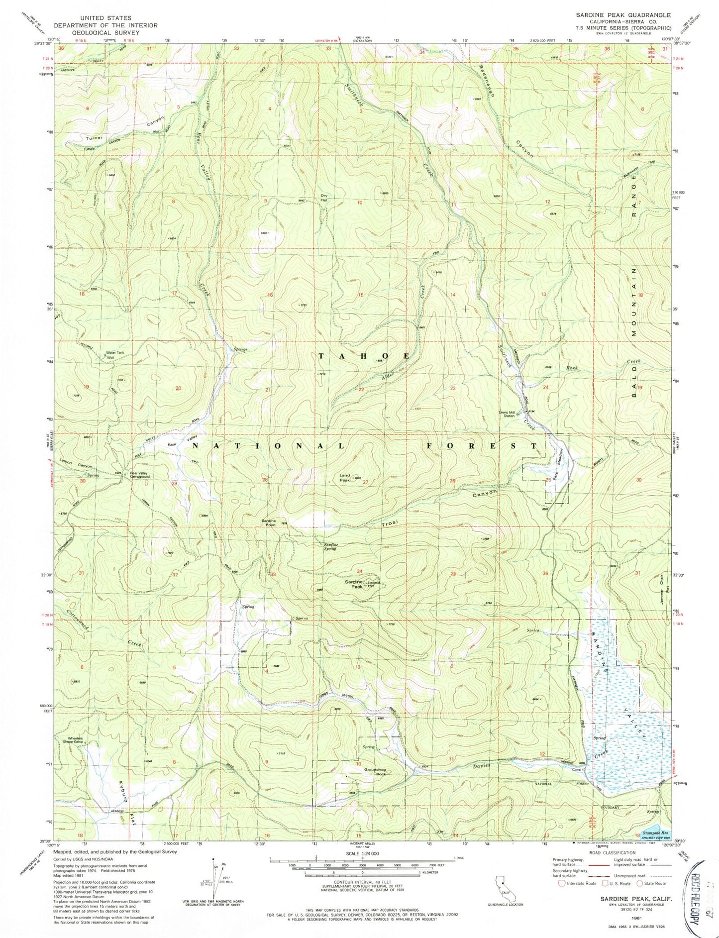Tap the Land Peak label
[x=345, y=478]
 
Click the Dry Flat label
[x=324, y=198]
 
